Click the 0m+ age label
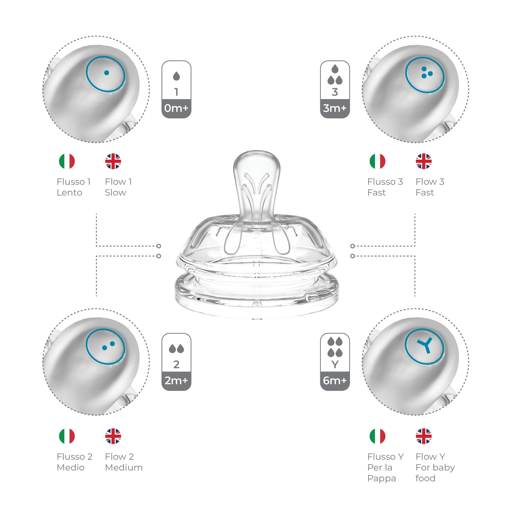tap(176, 108)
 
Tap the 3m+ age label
tap(335, 108)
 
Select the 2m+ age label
tap(176, 381)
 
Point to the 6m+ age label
tap(335, 381)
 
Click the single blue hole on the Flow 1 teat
tap(107, 73)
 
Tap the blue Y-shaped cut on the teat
tap(424, 345)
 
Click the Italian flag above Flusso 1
tap(67, 161)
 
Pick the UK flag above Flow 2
tap(113, 436)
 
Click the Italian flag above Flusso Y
tap(378, 436)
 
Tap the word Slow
tap(116, 193)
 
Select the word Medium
tap(124, 467)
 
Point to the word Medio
tap(71, 467)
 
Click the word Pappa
tap(382, 479)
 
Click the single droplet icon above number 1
tap(176, 76)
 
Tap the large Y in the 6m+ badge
tap(335, 365)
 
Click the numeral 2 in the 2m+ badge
tap(176, 365)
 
